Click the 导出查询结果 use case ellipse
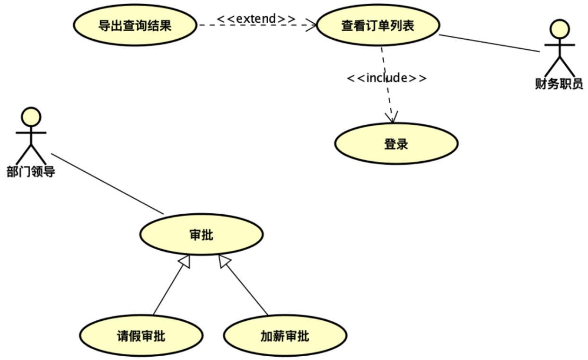pos(135,26)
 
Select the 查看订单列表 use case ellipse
pos(377,26)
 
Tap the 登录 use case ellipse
pos(396,144)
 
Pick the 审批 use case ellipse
pos(201,234)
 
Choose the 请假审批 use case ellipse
pos(141,336)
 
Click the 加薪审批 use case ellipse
pos(284,336)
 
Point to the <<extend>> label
pos(256,18)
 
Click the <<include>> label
pos(386,78)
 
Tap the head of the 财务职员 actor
pos(559,29)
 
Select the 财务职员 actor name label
pos(559,85)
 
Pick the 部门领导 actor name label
pos(31,172)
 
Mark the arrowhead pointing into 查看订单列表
pos(311,25)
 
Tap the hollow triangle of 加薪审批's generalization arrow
pos(224,262)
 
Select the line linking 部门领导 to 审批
pos(107,184)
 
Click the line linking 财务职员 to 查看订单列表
pos(489,43)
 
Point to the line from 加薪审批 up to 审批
pos(246,289)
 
